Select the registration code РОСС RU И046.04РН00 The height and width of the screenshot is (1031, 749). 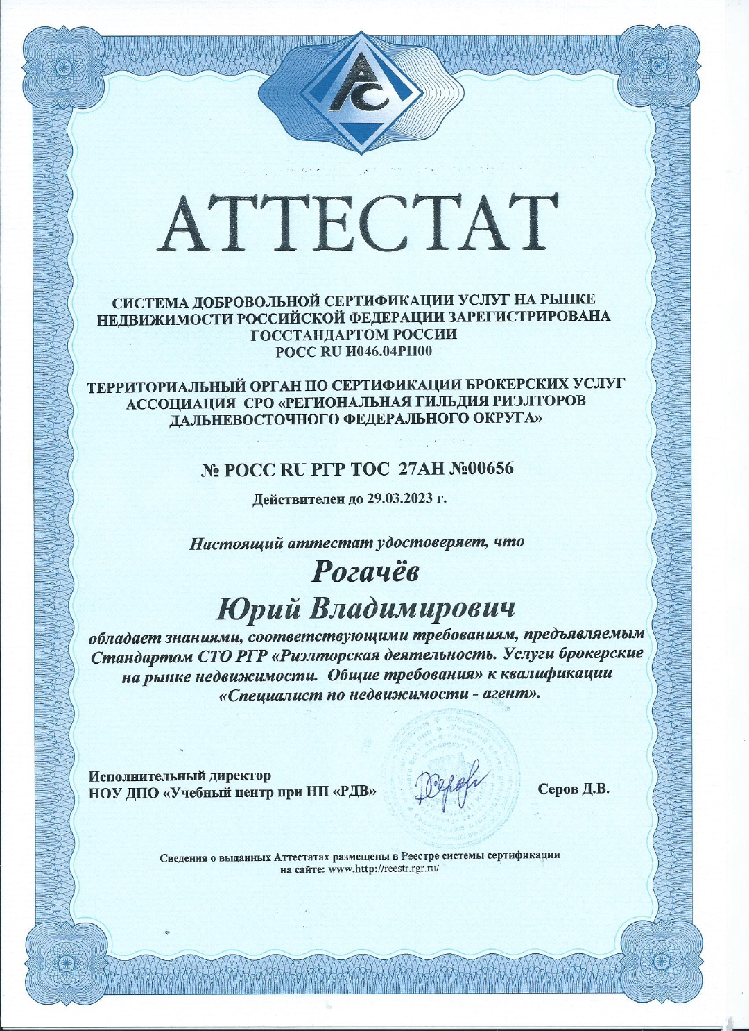[354, 351]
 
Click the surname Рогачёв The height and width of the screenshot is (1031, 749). [365, 571]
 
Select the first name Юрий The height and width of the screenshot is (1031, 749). [258, 610]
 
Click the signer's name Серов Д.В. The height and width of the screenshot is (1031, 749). [574, 789]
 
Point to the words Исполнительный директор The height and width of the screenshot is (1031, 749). [180, 776]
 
